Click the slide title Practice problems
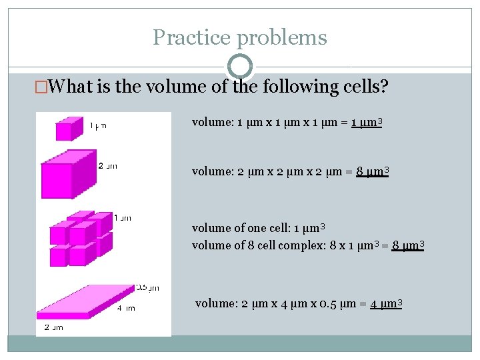point(240,37)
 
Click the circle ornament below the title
point(240,66)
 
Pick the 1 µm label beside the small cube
point(98,125)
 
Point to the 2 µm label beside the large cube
point(107,167)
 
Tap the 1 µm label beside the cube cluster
point(123,217)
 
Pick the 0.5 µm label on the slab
point(147,288)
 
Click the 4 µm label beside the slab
point(126,308)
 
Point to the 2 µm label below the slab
point(53,327)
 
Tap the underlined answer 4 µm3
point(386,305)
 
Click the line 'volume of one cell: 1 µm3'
point(258,229)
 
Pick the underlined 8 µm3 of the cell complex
point(408,246)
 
